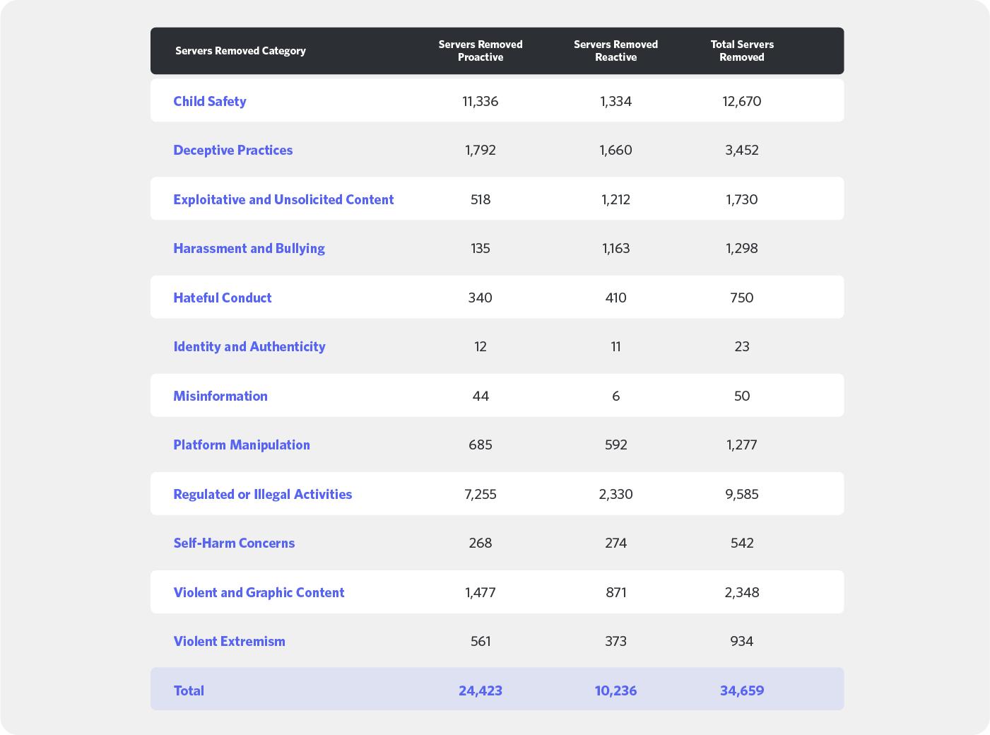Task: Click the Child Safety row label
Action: (210, 101)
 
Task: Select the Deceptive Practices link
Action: (232, 150)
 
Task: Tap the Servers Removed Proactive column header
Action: (481, 51)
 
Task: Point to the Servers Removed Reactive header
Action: (615, 51)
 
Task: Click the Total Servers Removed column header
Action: (742, 51)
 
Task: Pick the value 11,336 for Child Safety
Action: (481, 101)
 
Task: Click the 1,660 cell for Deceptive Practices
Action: (615, 150)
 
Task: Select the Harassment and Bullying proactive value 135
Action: (481, 248)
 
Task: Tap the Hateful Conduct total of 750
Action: (742, 298)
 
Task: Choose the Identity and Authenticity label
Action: (249, 346)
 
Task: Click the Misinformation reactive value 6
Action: (615, 396)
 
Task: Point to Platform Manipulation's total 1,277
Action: (742, 445)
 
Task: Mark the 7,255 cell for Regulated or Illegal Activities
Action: (481, 494)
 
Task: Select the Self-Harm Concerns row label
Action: (234, 543)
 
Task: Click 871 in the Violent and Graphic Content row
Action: (615, 592)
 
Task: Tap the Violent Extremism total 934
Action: (742, 641)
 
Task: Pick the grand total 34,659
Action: (742, 690)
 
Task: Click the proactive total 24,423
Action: (481, 690)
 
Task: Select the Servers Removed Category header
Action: (240, 51)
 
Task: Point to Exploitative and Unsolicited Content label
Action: (283, 199)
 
